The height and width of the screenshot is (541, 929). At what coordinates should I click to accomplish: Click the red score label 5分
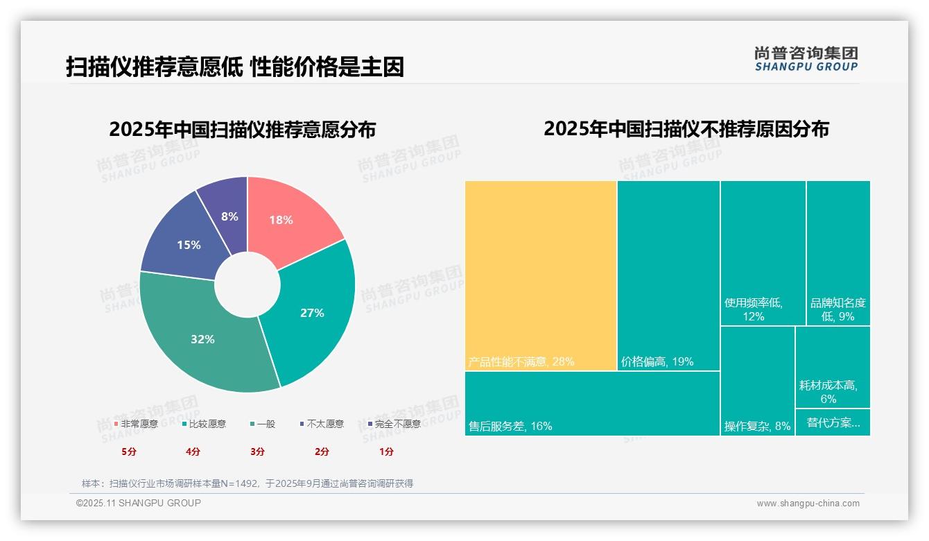(129, 452)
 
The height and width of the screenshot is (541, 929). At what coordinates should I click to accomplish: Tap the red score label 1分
(386, 452)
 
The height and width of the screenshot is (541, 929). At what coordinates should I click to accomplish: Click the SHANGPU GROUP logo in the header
(806, 59)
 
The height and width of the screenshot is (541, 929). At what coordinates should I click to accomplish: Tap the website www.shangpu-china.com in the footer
(808, 504)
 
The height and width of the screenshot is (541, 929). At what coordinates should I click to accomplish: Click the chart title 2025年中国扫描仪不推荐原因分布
(686, 130)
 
